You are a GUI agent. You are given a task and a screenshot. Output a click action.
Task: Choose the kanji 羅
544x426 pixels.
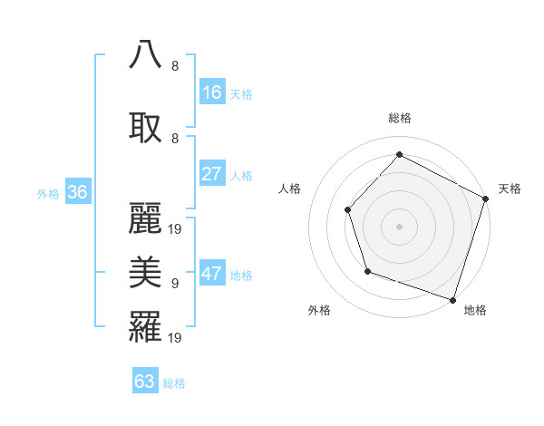(x=146, y=326)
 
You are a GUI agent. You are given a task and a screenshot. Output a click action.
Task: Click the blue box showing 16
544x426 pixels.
(x=212, y=92)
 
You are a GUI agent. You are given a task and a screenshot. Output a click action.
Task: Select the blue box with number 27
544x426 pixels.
(x=212, y=174)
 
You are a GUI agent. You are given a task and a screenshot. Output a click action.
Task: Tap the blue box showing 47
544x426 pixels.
(x=212, y=274)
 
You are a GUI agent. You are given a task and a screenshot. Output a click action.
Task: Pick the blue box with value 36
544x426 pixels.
(x=77, y=192)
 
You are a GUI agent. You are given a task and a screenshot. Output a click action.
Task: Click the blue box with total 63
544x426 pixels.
(x=145, y=382)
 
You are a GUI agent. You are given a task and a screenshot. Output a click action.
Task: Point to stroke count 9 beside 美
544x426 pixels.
(x=175, y=284)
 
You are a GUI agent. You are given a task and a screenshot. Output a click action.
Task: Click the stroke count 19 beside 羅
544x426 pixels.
(x=176, y=338)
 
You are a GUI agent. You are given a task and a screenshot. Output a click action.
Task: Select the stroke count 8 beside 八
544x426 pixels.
(x=175, y=65)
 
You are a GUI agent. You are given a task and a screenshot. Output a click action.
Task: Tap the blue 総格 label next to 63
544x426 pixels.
(x=174, y=383)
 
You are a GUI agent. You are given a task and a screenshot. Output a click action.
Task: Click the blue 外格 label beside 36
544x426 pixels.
(x=48, y=194)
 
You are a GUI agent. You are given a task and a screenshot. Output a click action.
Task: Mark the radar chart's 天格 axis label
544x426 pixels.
(x=510, y=189)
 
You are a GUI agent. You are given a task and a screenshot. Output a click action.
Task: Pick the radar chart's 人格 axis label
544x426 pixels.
(x=290, y=189)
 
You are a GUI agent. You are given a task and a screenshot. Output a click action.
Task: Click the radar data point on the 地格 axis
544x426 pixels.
(x=452, y=299)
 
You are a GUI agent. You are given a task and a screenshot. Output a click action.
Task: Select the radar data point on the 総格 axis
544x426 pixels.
(x=399, y=154)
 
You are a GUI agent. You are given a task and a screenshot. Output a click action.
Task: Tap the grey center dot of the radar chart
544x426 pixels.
(x=399, y=226)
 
